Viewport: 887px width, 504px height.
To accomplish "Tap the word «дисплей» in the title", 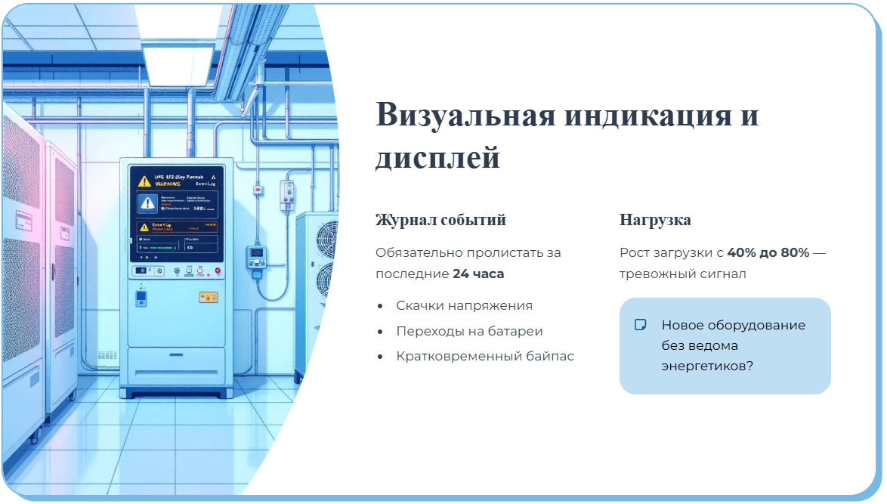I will pyautogui.click(x=437, y=158).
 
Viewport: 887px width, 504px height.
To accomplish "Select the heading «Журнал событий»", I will pyautogui.click(x=440, y=220).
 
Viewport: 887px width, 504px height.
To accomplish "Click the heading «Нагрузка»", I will pyautogui.click(x=655, y=220).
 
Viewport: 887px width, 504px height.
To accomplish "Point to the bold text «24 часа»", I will pyautogui.click(x=478, y=274).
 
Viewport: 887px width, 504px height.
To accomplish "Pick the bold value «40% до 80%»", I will pyautogui.click(x=768, y=252).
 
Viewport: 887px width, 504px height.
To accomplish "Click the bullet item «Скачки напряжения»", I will pyautogui.click(x=464, y=305).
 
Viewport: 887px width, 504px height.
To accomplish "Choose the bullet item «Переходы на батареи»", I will pyautogui.click(x=469, y=331).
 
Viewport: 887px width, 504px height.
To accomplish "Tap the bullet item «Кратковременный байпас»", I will pyautogui.click(x=485, y=356).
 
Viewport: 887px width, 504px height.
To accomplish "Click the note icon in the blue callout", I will pyautogui.click(x=640, y=325).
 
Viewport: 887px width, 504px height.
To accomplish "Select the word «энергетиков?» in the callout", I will pyautogui.click(x=707, y=366).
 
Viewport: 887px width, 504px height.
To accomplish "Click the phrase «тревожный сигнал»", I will pyautogui.click(x=682, y=274).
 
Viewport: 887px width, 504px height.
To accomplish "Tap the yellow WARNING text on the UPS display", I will pyautogui.click(x=167, y=184).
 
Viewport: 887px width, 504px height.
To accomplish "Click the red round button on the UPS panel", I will pyautogui.click(x=217, y=270).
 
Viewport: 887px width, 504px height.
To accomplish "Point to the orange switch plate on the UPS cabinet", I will pyautogui.click(x=208, y=297).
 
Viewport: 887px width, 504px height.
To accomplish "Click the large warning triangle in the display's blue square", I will pyautogui.click(x=148, y=203).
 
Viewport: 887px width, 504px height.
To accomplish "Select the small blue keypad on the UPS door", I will pyautogui.click(x=140, y=298).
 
